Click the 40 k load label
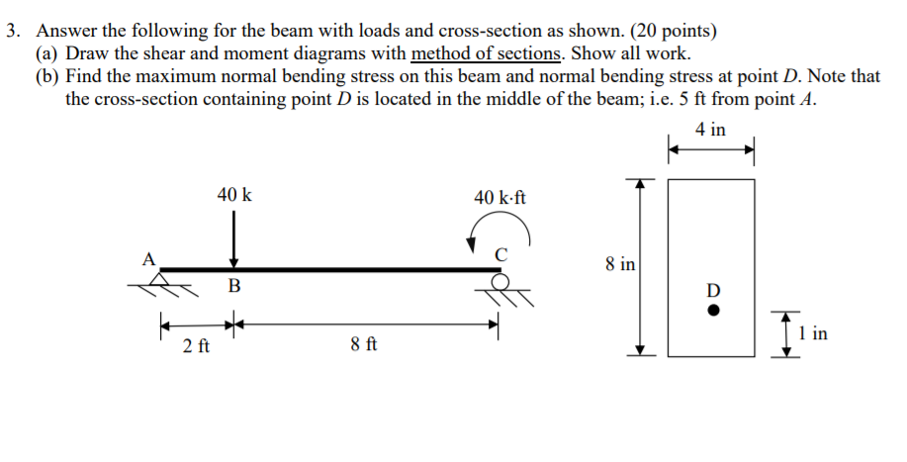[234, 195]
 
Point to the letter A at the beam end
[149, 259]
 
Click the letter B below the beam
[234, 288]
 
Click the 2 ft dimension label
[196, 346]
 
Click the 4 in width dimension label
[710, 130]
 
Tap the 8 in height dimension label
[620, 264]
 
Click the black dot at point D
[713, 313]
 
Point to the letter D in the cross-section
[713, 291]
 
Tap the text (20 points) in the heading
[673, 30]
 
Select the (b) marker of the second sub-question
[47, 76]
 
